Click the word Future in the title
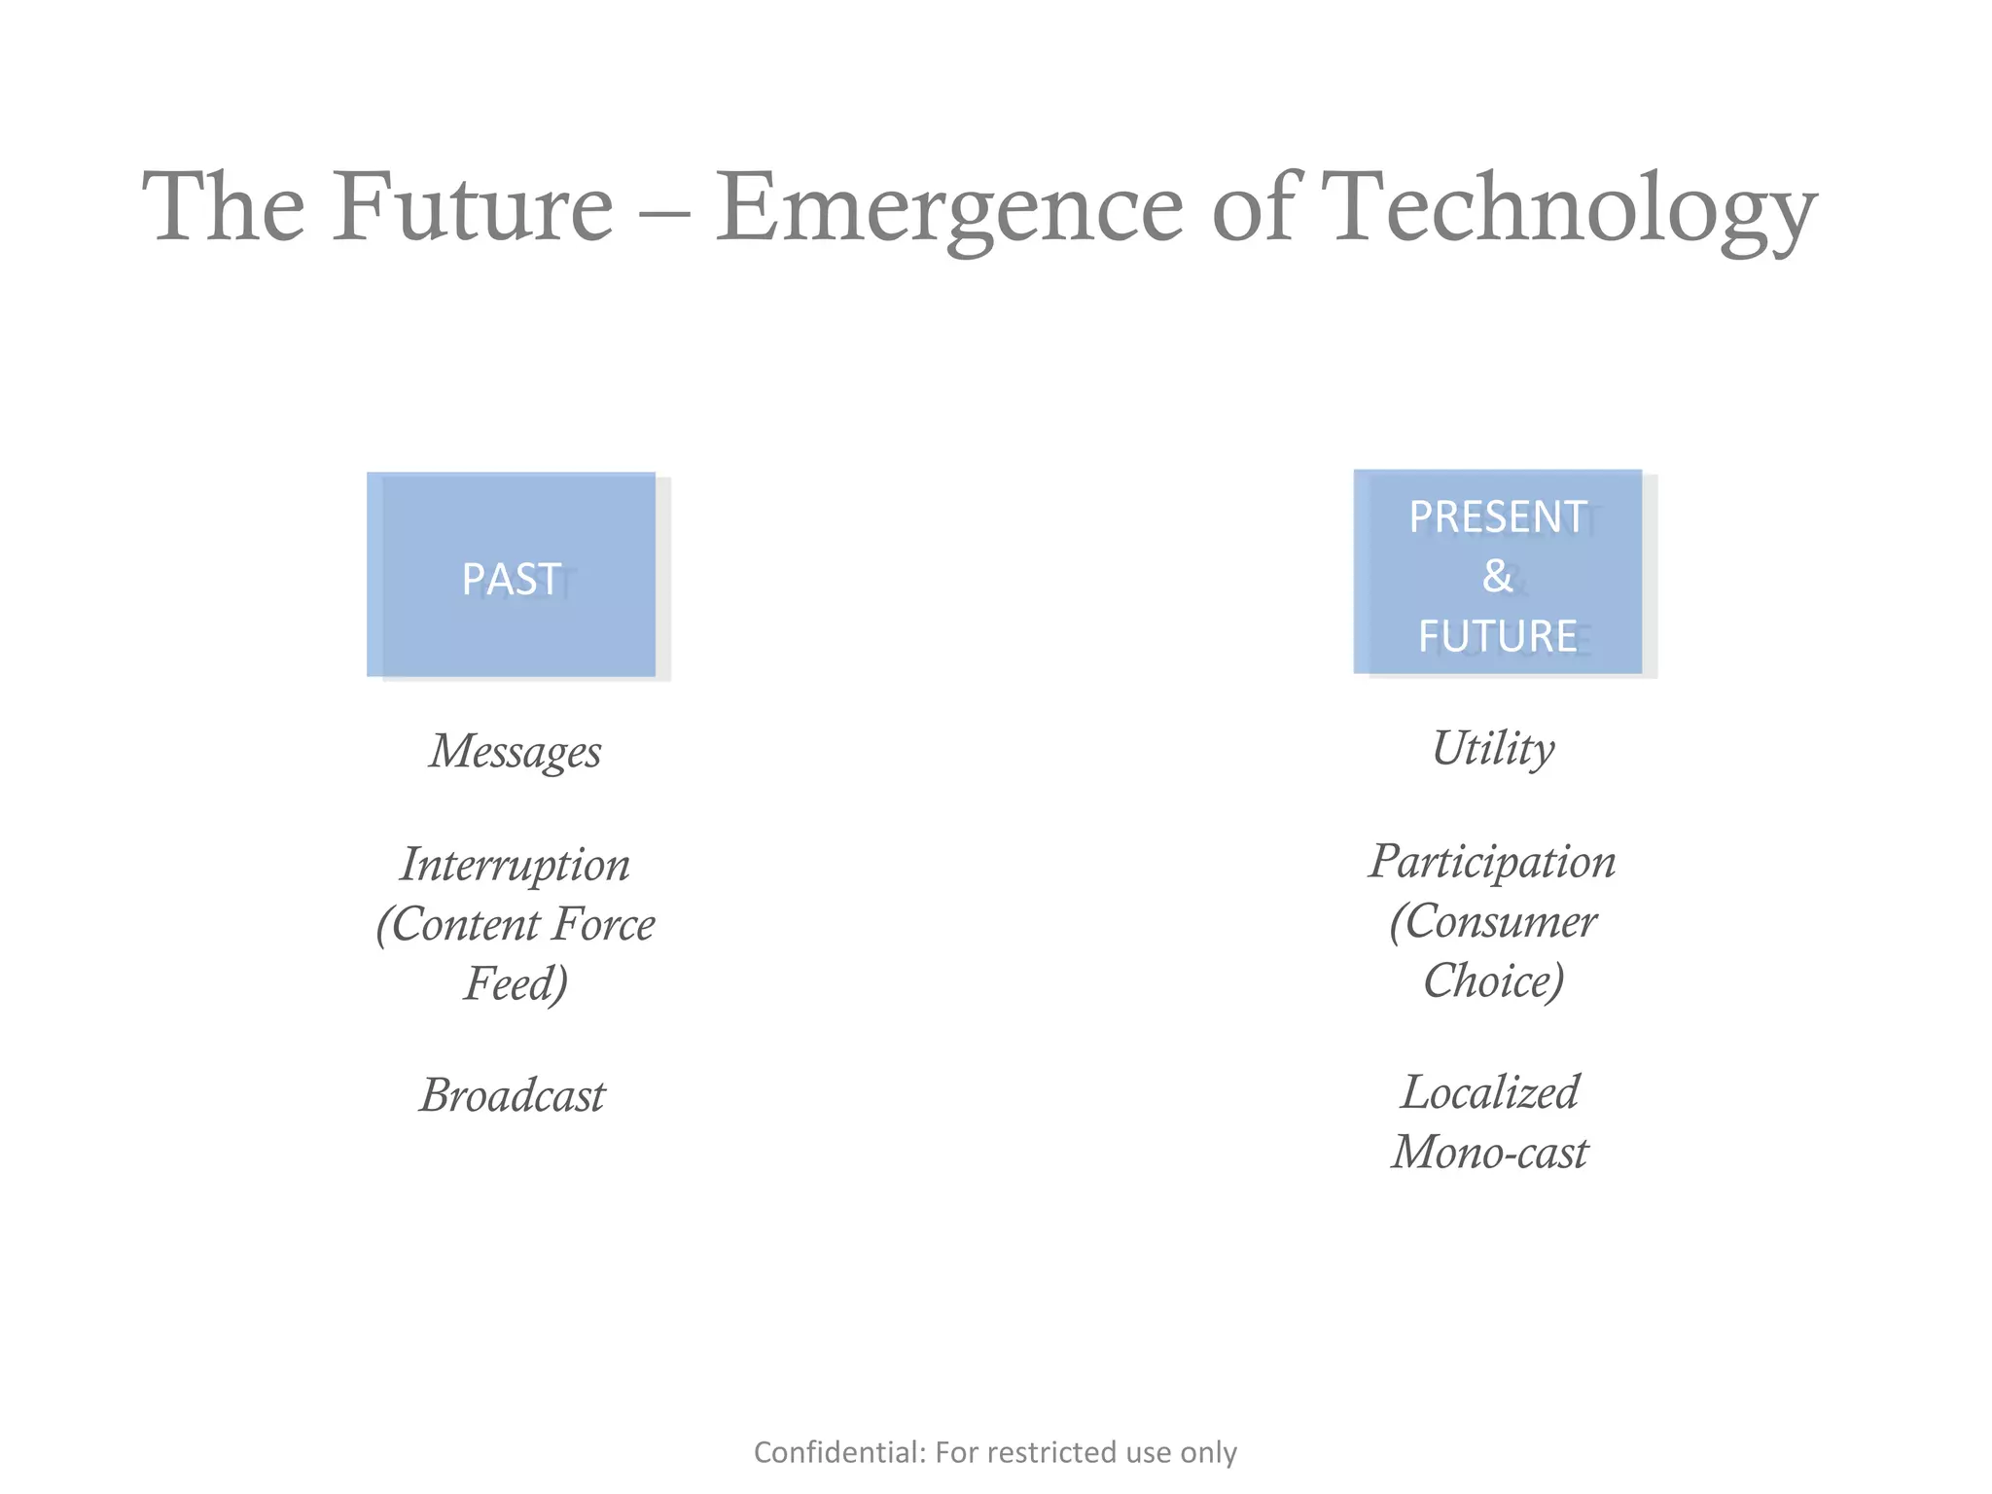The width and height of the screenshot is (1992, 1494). (473, 207)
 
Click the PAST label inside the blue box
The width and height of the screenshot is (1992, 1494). (511, 580)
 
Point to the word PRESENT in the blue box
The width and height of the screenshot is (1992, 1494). (1497, 517)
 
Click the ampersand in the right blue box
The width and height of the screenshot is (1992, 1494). (1497, 576)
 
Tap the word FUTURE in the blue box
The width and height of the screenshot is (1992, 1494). (1497, 637)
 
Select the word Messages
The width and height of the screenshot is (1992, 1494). (516, 752)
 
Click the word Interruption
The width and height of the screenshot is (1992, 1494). (516, 865)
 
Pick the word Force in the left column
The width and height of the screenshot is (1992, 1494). (603, 924)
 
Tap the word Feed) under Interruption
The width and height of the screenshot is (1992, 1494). (516, 983)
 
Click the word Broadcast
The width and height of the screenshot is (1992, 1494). (513, 1096)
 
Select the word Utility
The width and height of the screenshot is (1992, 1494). (1493, 749)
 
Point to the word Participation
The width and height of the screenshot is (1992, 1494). (1493, 862)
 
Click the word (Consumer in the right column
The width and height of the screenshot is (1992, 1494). (1493, 921)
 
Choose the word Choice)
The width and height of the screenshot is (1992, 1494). (1493, 980)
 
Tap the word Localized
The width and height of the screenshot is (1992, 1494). (1490, 1092)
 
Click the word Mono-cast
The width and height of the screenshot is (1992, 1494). (1490, 1153)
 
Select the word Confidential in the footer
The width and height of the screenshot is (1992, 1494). (838, 1452)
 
